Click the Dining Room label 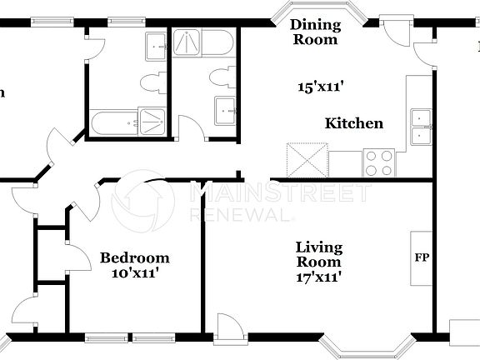[x=314, y=32]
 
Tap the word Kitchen [x=353, y=123]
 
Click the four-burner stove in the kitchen [x=379, y=162]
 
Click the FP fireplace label [x=421, y=257]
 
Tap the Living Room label [x=319, y=254]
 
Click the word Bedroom [x=135, y=257]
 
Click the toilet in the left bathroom [x=151, y=82]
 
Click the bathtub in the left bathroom [x=112, y=122]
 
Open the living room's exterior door [x=228, y=326]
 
